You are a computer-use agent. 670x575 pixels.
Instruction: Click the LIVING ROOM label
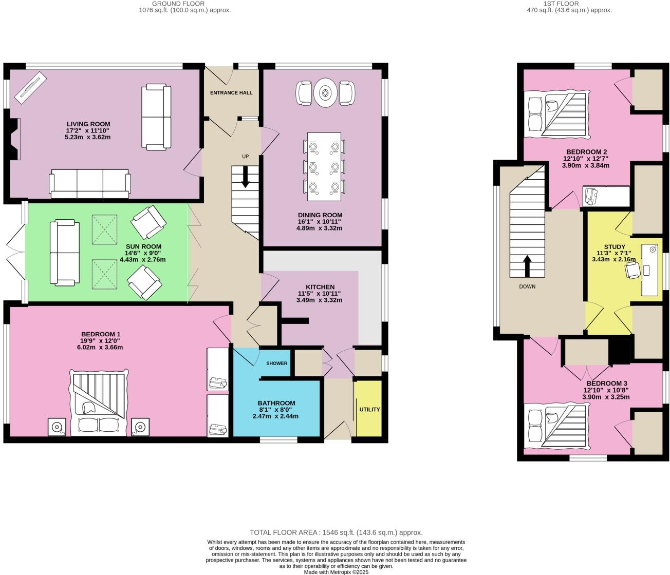(x=88, y=124)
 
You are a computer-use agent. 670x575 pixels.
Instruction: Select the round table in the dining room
(x=325, y=93)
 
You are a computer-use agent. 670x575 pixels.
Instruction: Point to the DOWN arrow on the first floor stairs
(x=527, y=266)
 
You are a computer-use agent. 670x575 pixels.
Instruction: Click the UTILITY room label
(x=369, y=409)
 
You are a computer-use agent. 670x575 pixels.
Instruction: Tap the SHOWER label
(x=276, y=363)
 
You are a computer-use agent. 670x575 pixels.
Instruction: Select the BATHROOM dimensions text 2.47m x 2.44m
(x=275, y=416)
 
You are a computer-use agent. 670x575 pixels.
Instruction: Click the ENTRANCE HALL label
(x=231, y=93)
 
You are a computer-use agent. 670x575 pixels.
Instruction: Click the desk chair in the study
(x=632, y=270)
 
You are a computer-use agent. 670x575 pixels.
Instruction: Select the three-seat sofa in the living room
(x=90, y=183)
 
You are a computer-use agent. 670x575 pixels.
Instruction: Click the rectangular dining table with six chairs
(x=324, y=166)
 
